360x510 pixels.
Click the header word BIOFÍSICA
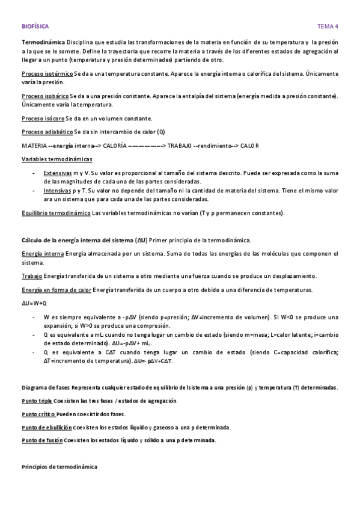pos(35,26)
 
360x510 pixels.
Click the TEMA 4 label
pos(328,26)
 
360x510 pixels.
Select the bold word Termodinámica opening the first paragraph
pos(44,43)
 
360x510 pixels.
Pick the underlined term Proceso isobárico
pos(45,96)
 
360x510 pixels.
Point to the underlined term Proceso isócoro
pos(43,118)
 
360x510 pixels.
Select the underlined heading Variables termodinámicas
pos(57,159)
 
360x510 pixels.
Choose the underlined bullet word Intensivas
pos(58,190)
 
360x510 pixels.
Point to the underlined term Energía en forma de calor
pos(56,290)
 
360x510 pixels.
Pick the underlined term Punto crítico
pos(38,414)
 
